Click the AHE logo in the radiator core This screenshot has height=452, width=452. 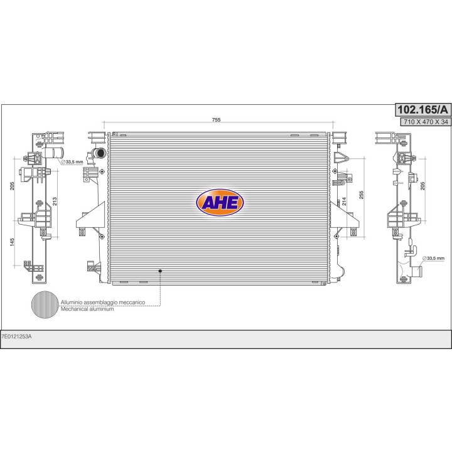point(220,202)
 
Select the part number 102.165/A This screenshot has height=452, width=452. point(422,110)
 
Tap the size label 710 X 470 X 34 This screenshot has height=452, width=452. point(426,122)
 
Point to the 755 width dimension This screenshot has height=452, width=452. point(216,120)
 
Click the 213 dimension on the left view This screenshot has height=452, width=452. point(55,201)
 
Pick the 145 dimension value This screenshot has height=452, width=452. point(12,242)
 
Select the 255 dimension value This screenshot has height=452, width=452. point(362,195)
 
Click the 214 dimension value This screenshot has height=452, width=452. point(344,202)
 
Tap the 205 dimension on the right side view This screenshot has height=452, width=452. point(422,186)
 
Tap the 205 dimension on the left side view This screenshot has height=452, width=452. point(12,186)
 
